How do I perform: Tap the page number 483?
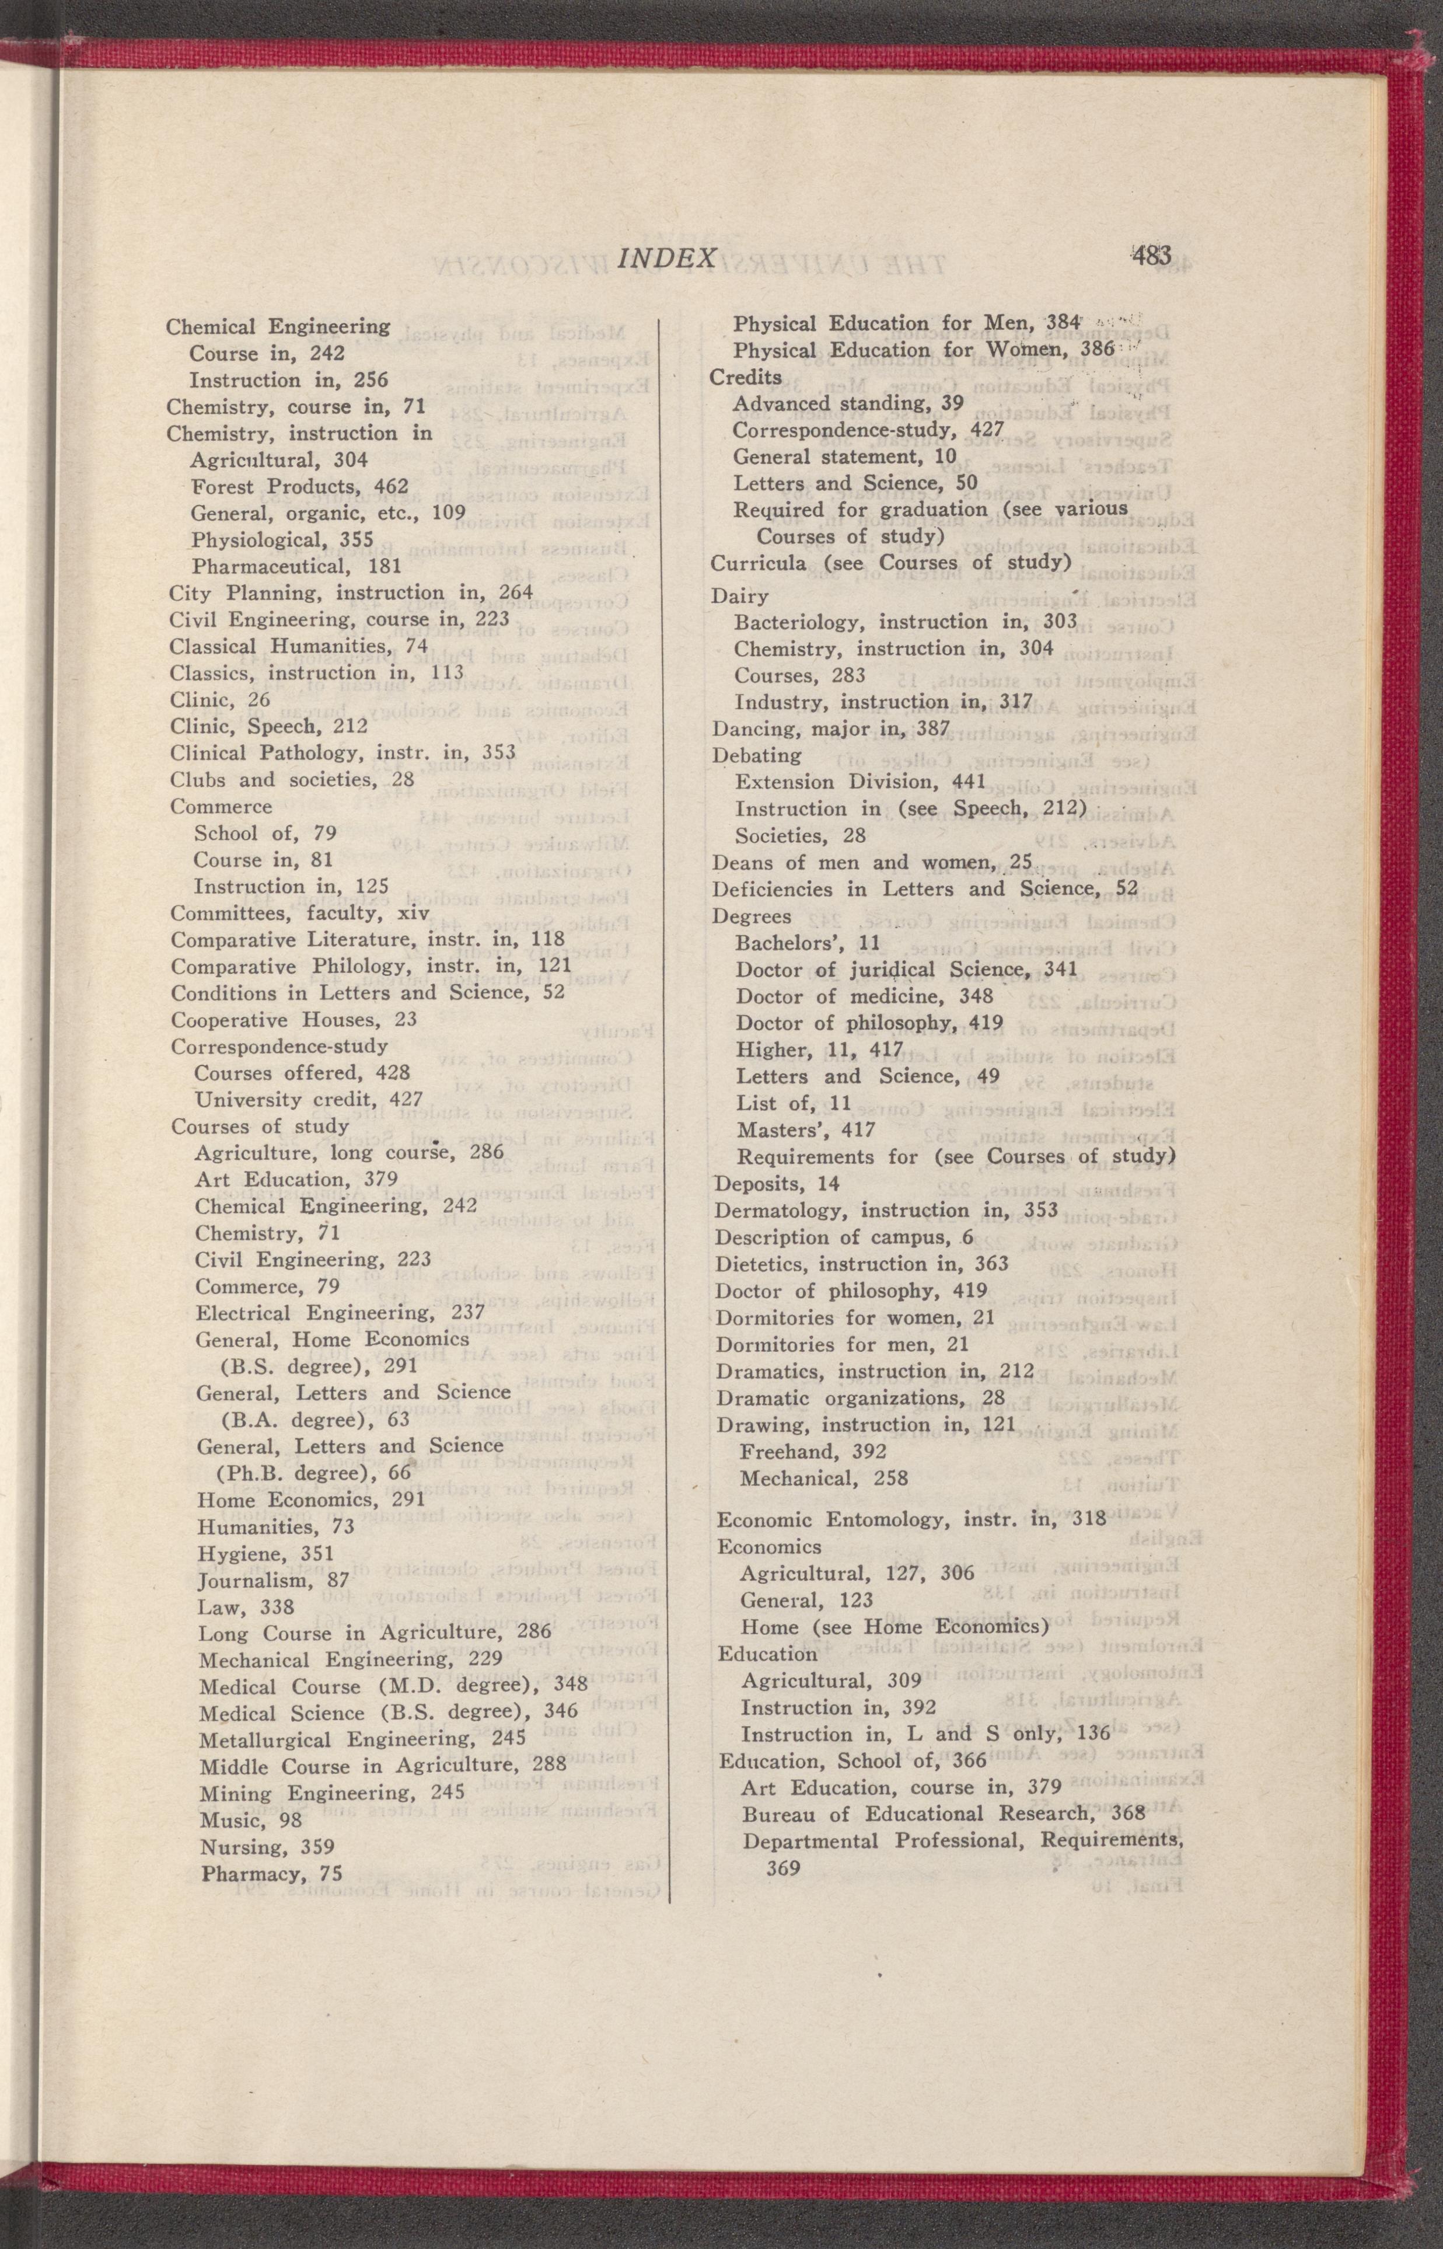coord(1152,255)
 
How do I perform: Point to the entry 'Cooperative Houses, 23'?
coord(294,1020)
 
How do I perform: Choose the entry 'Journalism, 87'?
coord(272,1580)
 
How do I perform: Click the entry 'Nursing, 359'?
coord(267,1847)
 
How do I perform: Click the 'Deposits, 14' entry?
coord(777,1184)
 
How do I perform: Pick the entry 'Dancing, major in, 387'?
coord(831,728)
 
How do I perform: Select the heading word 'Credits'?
coord(746,376)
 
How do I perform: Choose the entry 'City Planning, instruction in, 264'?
coord(351,593)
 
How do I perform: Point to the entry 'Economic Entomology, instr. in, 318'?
coord(911,1518)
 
